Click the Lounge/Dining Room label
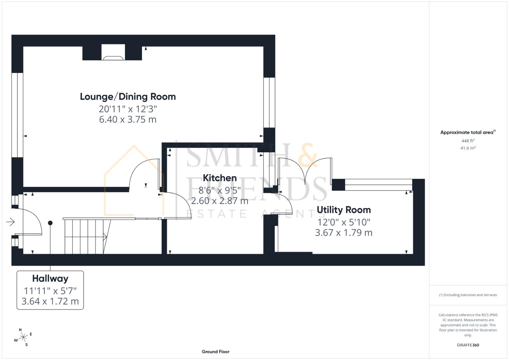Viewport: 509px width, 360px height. click(x=128, y=97)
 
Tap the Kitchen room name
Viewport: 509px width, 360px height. click(x=220, y=178)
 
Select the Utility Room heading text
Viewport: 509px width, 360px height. click(x=344, y=210)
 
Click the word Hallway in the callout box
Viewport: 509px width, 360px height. click(x=50, y=279)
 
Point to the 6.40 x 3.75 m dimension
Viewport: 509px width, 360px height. click(x=128, y=119)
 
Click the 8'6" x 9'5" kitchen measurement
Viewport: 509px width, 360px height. click(x=220, y=190)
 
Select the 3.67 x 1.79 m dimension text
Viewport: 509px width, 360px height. click(x=344, y=232)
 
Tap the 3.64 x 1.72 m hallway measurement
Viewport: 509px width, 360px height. click(x=50, y=301)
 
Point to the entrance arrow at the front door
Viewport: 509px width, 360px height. click(x=11, y=222)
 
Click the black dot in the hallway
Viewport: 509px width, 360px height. click(x=50, y=223)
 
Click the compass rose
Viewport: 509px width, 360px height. click(x=23, y=337)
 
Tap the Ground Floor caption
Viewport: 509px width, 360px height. click(x=215, y=352)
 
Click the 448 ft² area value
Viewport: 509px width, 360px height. click(x=468, y=141)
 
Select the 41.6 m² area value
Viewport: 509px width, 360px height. click(x=468, y=148)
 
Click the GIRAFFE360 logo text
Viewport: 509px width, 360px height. click(x=468, y=345)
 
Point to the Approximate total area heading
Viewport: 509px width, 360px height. click(x=467, y=132)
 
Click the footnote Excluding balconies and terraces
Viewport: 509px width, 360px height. click(x=468, y=295)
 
